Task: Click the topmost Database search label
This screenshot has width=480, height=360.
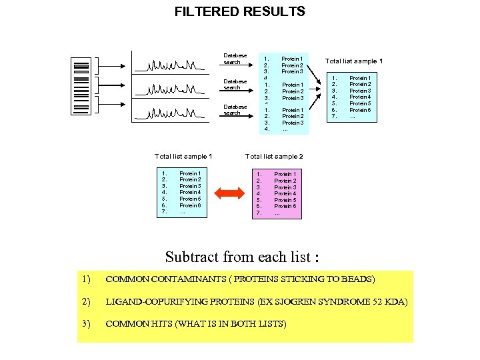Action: point(235,59)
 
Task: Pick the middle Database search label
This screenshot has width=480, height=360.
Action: point(232,84)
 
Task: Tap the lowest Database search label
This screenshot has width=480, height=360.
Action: point(235,109)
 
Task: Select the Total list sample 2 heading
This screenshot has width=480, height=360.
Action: point(274,156)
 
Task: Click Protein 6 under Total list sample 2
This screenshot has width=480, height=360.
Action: point(285,206)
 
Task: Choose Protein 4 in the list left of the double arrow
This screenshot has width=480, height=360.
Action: point(190,192)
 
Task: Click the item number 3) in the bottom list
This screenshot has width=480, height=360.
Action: point(85,324)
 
